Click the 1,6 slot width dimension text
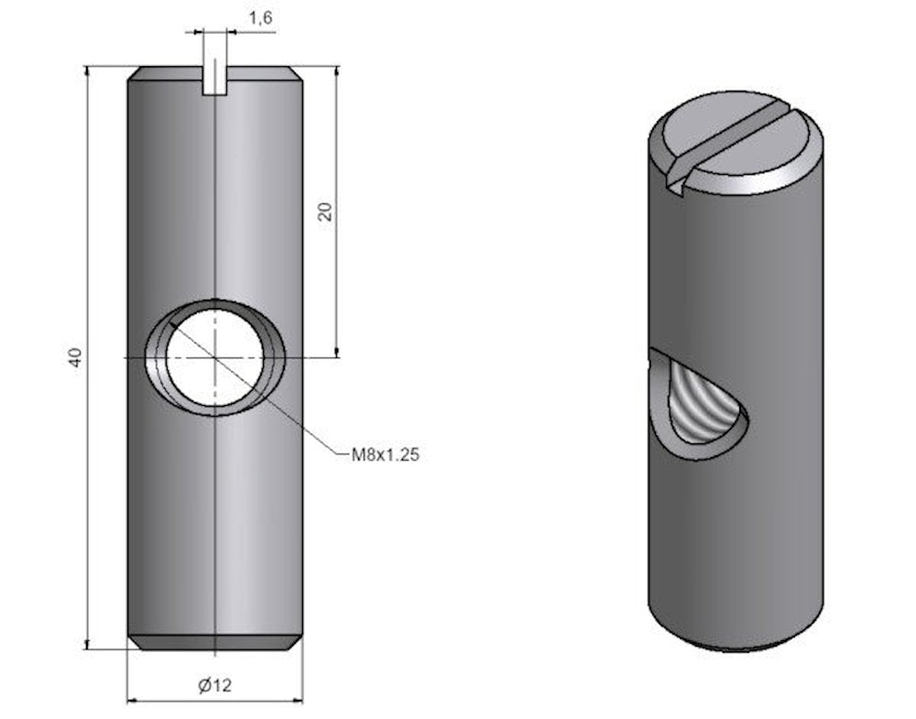pos(262,16)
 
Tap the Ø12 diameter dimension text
pos(213,684)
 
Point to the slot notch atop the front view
pos(213,79)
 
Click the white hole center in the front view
pos(214,357)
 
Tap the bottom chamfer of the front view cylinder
pos(214,642)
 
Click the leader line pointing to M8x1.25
pos(302,421)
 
